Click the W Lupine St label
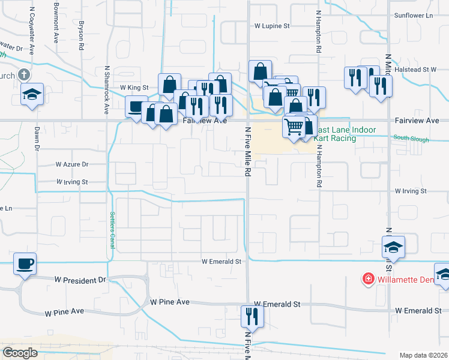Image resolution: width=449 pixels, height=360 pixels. pos(272,26)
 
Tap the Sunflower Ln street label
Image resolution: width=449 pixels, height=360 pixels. pos(413,15)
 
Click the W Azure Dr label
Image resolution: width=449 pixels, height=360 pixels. pos(72,164)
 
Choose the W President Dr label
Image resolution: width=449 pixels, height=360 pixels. pos(80,280)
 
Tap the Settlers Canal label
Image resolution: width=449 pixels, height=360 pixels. pos(112,230)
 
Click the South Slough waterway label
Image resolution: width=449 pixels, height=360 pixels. pos(411,139)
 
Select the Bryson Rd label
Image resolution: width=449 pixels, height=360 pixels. pos(80,36)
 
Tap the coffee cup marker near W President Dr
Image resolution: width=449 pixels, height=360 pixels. pos(25,263)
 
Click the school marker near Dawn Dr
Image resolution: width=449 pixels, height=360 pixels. pos(31,94)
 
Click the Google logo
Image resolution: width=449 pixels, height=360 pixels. pos(20,352)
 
